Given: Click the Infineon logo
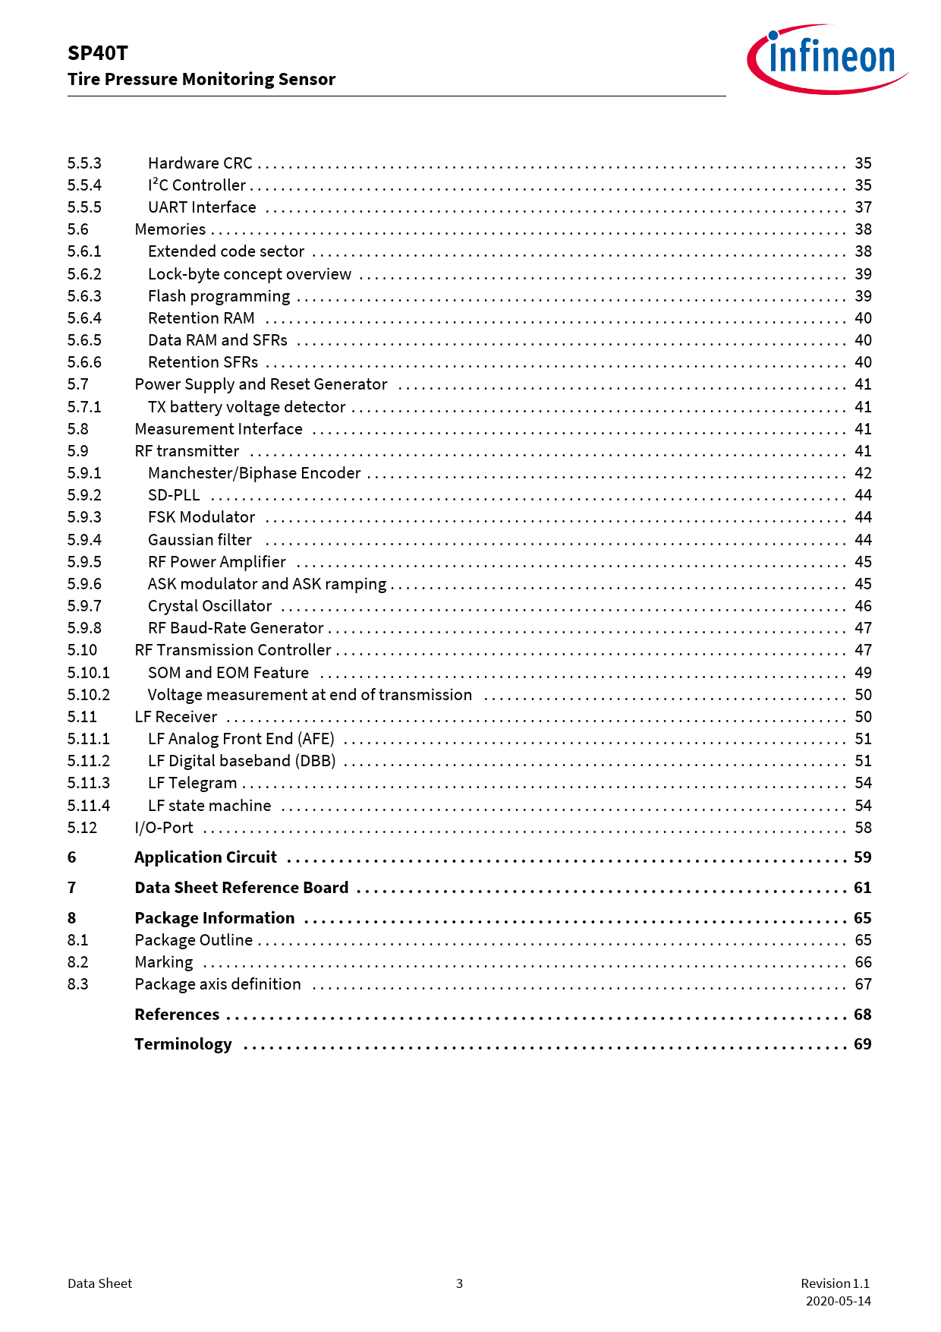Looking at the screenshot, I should (828, 58).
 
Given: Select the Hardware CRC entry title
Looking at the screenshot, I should (200, 163).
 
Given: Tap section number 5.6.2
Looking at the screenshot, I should (84, 274).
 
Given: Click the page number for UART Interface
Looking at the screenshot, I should (863, 207).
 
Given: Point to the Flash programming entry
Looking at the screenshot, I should (219, 296).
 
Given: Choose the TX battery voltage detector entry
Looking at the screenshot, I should (247, 407).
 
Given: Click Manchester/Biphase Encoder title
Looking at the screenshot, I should (254, 473).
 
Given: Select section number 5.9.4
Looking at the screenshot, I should (84, 540).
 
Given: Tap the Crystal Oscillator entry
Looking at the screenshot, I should (209, 606).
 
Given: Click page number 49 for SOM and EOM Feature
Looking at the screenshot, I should (863, 673).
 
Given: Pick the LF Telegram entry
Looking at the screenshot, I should (192, 783).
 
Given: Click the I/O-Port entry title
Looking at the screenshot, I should (164, 828).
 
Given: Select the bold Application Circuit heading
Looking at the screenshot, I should (206, 857).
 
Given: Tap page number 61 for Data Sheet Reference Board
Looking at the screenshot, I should (862, 888).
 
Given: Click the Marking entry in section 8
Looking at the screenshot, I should (164, 962).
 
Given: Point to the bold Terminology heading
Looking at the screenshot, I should (183, 1044).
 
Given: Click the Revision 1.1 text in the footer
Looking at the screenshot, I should (835, 1283).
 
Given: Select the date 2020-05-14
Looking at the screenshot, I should (838, 1301).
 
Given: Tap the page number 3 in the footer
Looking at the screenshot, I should (459, 1283).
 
